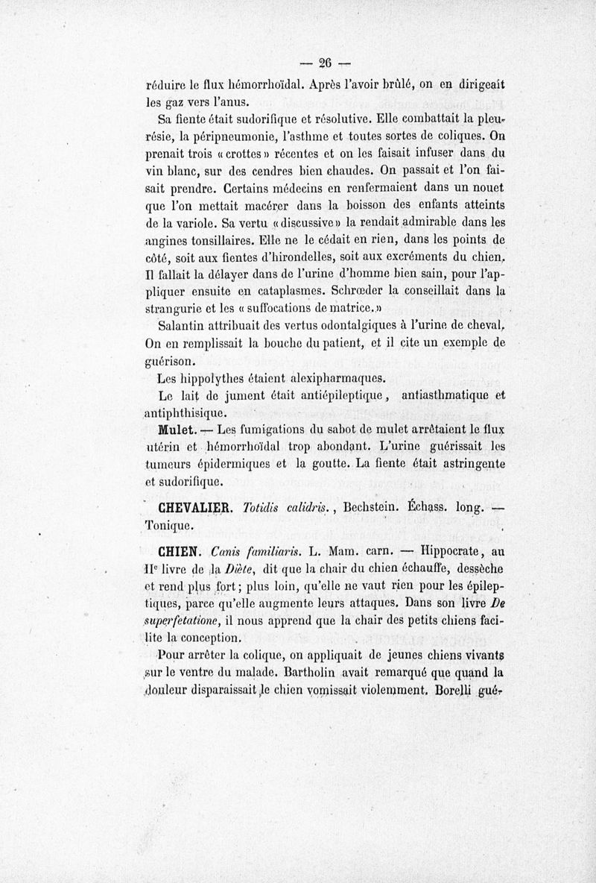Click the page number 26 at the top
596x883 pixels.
[x=324, y=62]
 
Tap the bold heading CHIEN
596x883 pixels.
[x=177, y=553]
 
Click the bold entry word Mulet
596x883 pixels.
[x=177, y=431]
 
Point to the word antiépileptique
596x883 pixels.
[x=329, y=395]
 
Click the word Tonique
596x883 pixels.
[x=171, y=526]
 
